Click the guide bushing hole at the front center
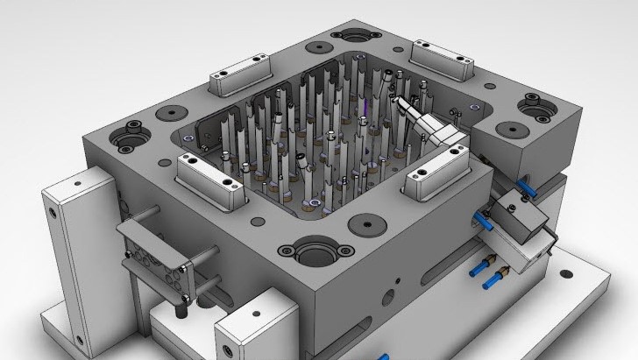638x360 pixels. click(x=313, y=254)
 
